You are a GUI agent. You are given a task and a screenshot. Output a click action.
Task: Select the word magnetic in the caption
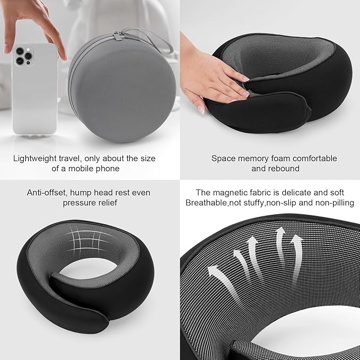coord(230,192)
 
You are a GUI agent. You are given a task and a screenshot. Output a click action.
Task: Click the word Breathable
coord(206,203)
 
